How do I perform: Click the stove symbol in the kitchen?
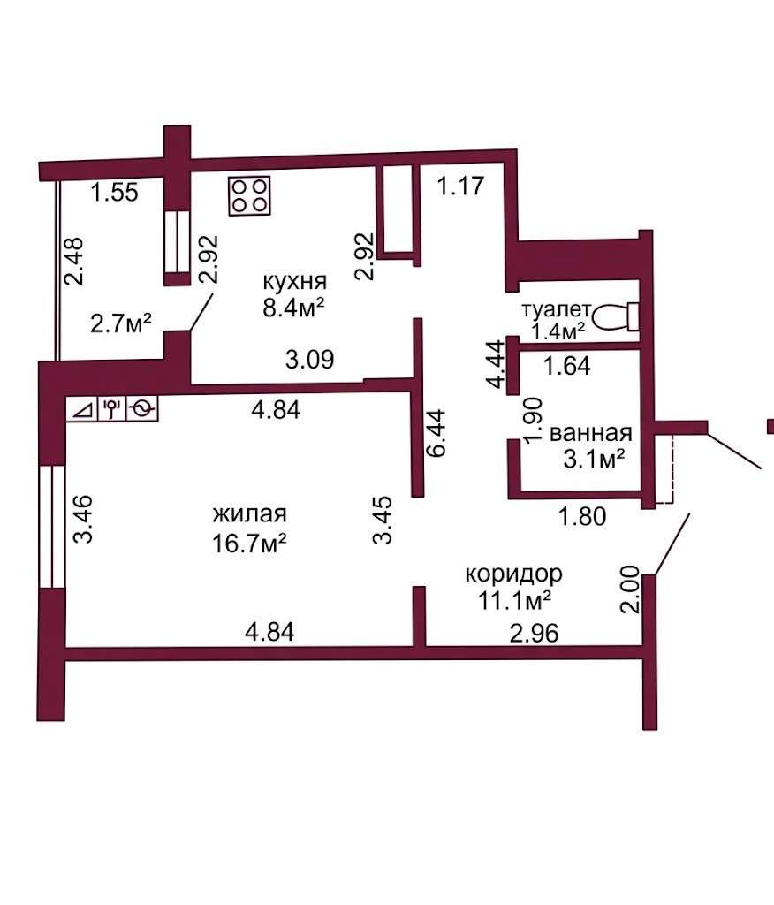pyautogui.click(x=249, y=196)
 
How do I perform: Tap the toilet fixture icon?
pyautogui.click(x=617, y=316)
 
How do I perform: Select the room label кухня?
pyautogui.click(x=295, y=281)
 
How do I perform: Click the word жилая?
pyautogui.click(x=249, y=513)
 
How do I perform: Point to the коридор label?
pyautogui.click(x=513, y=574)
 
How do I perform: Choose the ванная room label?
pyautogui.click(x=591, y=433)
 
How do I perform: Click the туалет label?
pyautogui.click(x=557, y=310)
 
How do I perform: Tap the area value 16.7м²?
pyautogui.click(x=249, y=544)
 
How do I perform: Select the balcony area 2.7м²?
pyautogui.click(x=121, y=323)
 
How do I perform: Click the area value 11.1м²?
pyautogui.click(x=513, y=601)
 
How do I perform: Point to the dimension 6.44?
pyautogui.click(x=436, y=433)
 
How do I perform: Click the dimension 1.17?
pyautogui.click(x=460, y=186)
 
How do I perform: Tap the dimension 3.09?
pyautogui.click(x=310, y=359)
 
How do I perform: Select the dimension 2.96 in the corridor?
pyautogui.click(x=534, y=633)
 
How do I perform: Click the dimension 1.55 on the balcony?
pyautogui.click(x=115, y=192)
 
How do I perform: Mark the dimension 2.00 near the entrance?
pyautogui.click(x=630, y=589)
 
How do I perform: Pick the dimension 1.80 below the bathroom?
pyautogui.click(x=582, y=516)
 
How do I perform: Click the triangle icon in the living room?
pyautogui.click(x=82, y=409)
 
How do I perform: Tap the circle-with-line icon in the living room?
pyautogui.click(x=142, y=408)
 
